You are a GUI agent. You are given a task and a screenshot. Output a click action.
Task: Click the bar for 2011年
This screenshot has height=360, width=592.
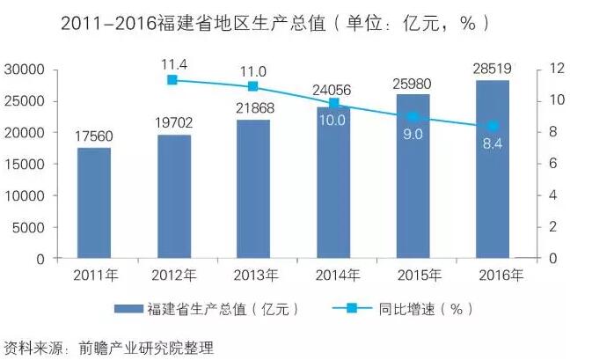point(93,203)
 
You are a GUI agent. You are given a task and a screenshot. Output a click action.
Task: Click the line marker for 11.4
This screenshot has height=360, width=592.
point(172,80)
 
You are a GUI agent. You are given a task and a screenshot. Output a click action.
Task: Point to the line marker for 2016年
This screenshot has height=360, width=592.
point(493,127)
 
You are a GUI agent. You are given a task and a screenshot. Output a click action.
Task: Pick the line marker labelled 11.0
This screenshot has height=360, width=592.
point(252,86)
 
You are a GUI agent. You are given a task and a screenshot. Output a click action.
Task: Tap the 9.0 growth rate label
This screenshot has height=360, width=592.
point(413,134)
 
